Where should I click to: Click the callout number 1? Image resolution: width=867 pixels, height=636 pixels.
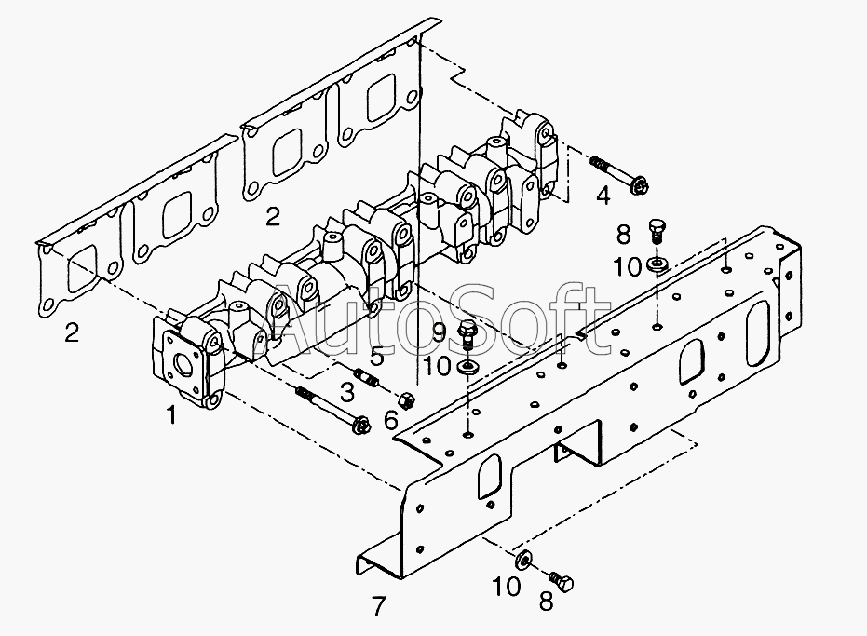coord(172,414)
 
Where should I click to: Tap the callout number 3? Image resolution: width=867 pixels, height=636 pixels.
coord(346,392)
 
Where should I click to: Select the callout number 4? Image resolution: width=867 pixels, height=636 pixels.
coord(603,196)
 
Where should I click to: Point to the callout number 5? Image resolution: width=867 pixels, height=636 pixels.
coord(376,357)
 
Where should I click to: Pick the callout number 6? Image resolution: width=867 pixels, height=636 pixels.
coord(391,421)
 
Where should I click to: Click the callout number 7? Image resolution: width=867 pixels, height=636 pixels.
coord(378,606)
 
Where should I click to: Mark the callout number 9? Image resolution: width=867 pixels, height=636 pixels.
coord(439,332)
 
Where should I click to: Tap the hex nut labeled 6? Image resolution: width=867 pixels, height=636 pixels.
coord(408,400)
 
